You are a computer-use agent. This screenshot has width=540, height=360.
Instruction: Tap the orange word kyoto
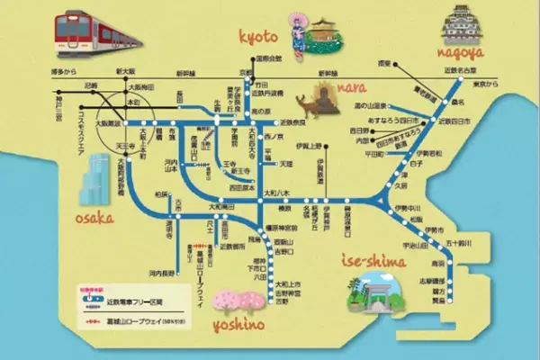(260, 35)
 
